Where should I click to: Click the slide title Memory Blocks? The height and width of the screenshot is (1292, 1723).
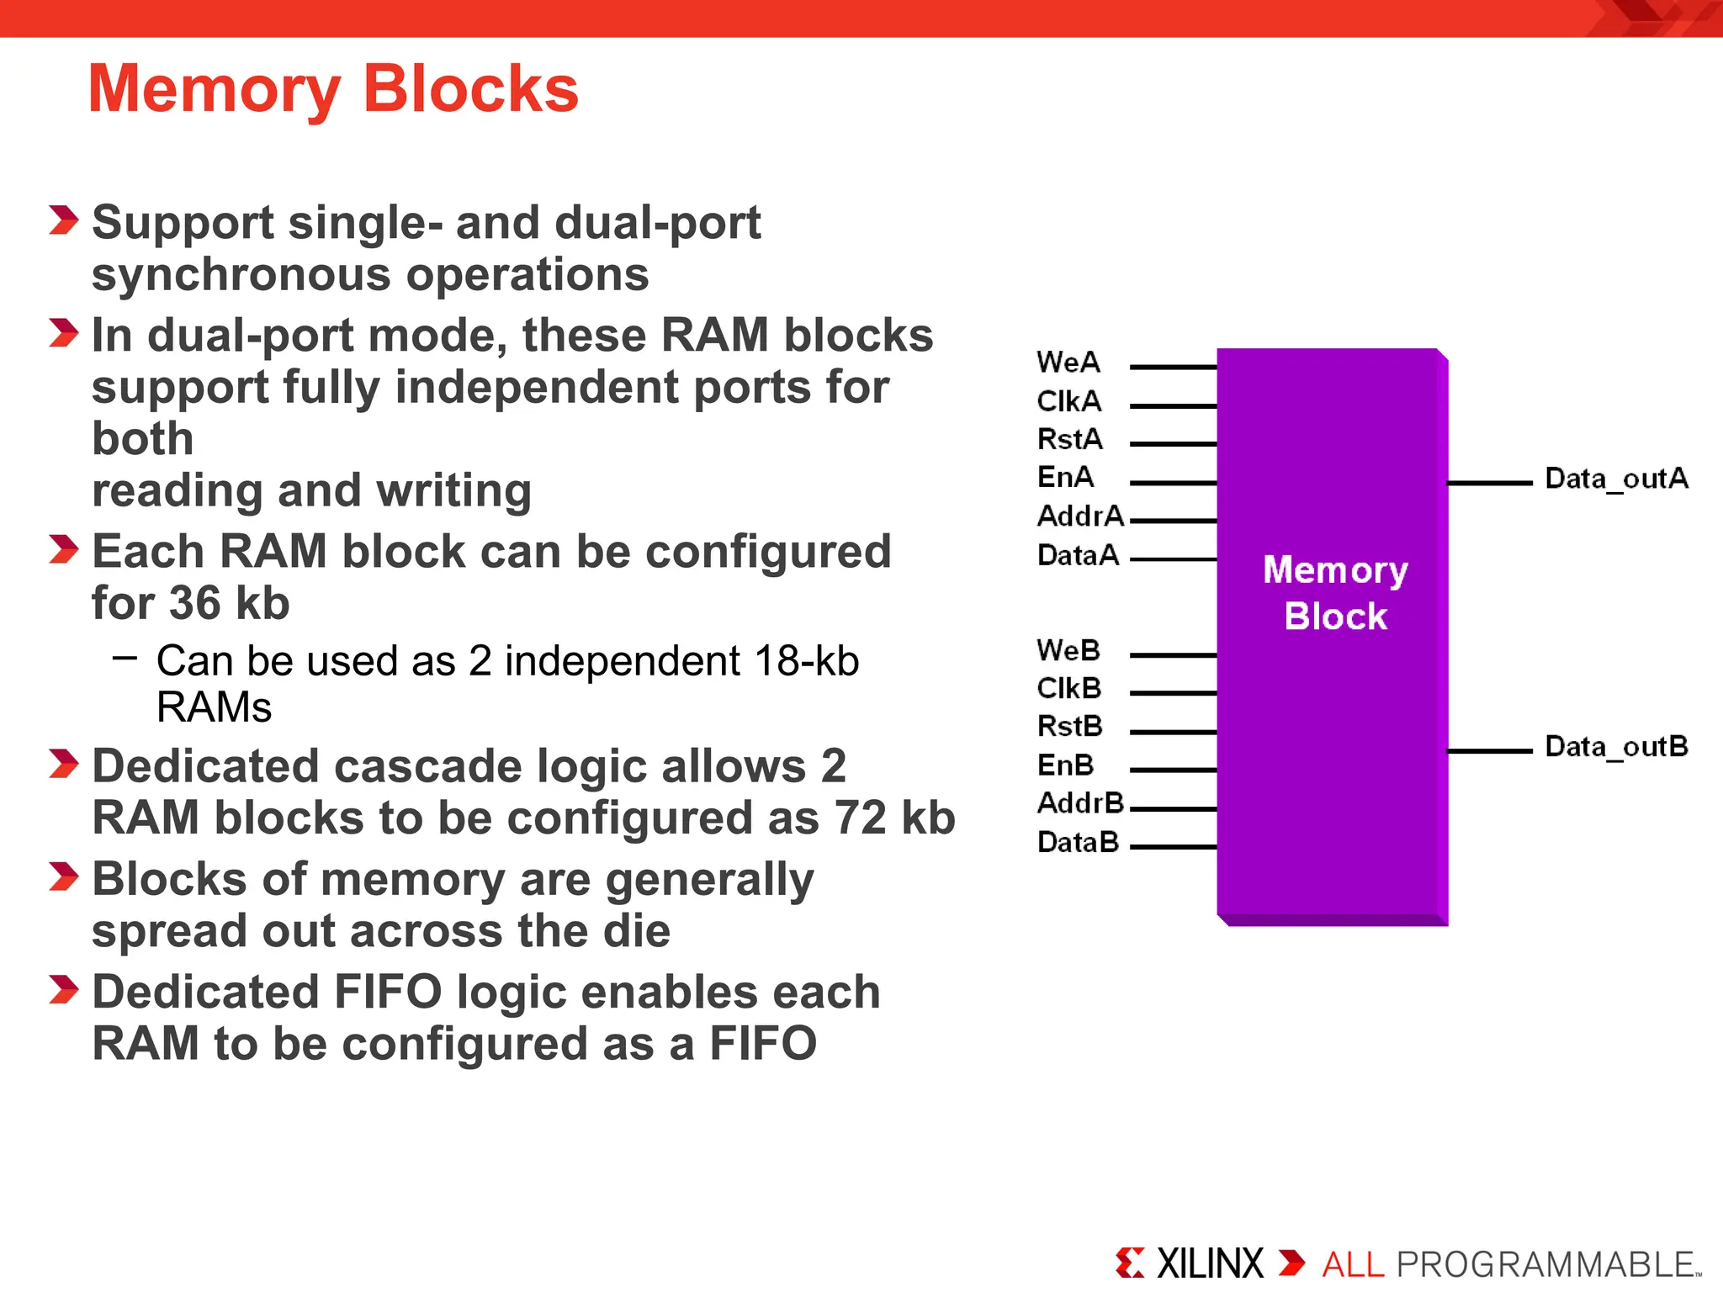(x=333, y=89)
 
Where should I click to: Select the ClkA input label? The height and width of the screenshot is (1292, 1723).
(x=1068, y=401)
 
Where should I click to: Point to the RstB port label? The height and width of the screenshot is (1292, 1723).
(x=1069, y=726)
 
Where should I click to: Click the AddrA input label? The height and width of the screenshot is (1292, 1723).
(x=1080, y=516)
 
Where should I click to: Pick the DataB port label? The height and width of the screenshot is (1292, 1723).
(x=1078, y=842)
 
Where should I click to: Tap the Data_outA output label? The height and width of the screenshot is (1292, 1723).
(x=1616, y=479)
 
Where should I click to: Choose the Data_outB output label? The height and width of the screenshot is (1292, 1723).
(x=1616, y=746)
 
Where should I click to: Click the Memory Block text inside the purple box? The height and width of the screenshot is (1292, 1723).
(x=1335, y=593)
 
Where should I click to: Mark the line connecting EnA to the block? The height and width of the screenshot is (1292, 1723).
(x=1173, y=483)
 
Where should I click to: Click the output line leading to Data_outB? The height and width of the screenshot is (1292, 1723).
(x=1489, y=750)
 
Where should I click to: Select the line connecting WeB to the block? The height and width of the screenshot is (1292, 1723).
(x=1173, y=654)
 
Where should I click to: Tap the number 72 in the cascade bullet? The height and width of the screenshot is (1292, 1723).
(x=860, y=818)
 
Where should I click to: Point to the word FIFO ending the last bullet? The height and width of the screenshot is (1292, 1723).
(x=763, y=1044)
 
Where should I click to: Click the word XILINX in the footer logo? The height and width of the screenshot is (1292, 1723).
(x=1210, y=1263)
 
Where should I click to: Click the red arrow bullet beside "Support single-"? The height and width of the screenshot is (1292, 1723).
(x=64, y=220)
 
